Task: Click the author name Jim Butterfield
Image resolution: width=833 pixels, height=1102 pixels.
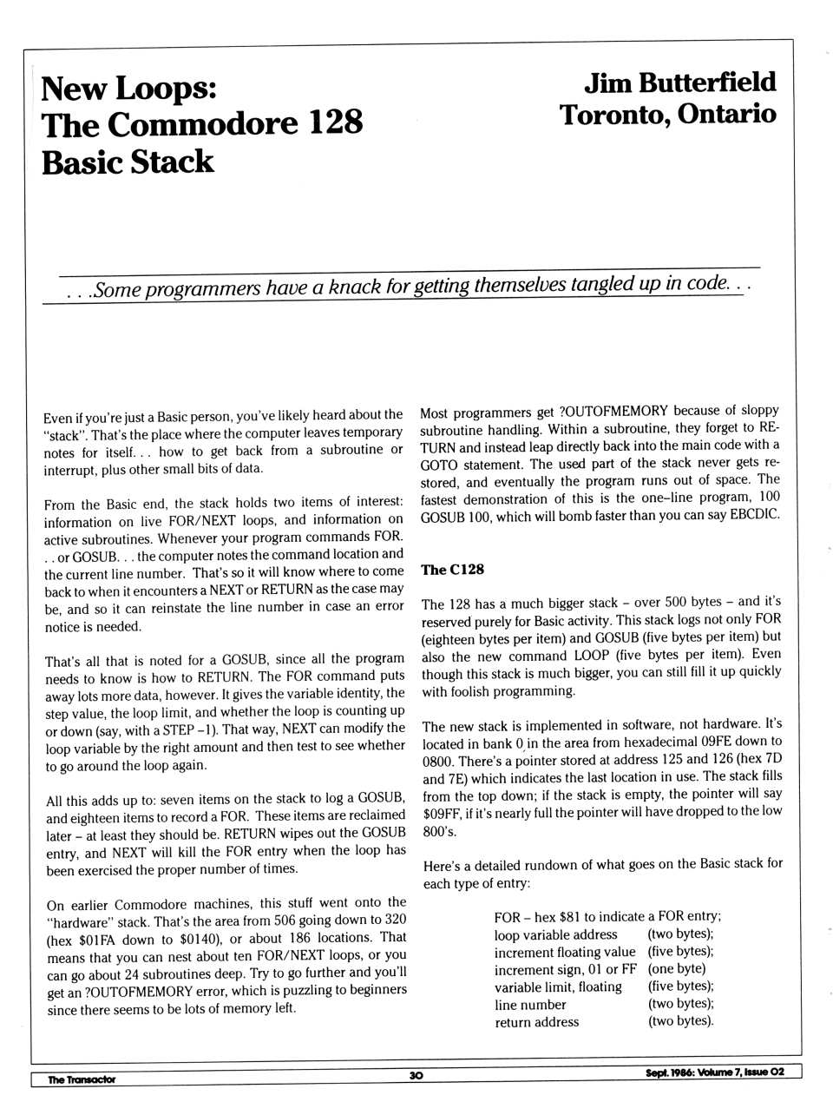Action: (679, 82)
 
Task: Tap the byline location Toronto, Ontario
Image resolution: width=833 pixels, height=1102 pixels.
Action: (667, 115)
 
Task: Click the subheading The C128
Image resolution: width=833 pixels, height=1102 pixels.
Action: (452, 570)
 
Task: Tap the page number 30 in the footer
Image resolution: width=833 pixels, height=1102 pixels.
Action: (416, 1075)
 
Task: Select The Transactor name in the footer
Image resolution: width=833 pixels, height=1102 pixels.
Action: (82, 1079)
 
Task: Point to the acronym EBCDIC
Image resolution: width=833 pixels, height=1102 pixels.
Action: (753, 514)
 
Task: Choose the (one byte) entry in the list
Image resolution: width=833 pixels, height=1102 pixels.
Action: (677, 969)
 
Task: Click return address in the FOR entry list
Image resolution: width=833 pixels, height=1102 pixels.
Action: (536, 1022)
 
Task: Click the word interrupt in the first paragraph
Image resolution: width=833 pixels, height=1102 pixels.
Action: (71, 470)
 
